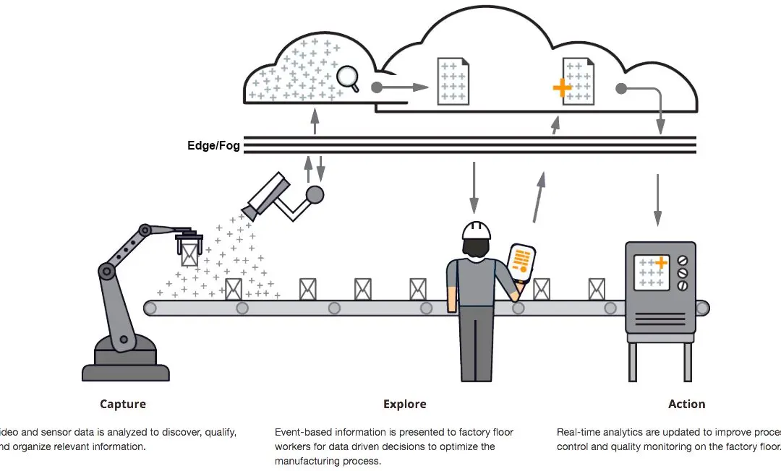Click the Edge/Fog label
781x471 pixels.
coord(213,145)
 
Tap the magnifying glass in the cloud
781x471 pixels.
coord(349,78)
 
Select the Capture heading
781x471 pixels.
coord(123,404)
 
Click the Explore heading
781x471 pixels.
coord(404,404)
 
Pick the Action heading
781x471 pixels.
coord(686,404)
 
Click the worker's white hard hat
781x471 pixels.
coord(477,229)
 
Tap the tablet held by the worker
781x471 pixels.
coord(521,262)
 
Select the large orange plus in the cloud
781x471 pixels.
coord(562,88)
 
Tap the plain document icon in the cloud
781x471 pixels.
coord(453,80)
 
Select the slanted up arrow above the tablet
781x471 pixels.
coord(538,197)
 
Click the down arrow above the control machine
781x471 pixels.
coord(657,199)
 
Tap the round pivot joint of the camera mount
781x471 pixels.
coord(315,194)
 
